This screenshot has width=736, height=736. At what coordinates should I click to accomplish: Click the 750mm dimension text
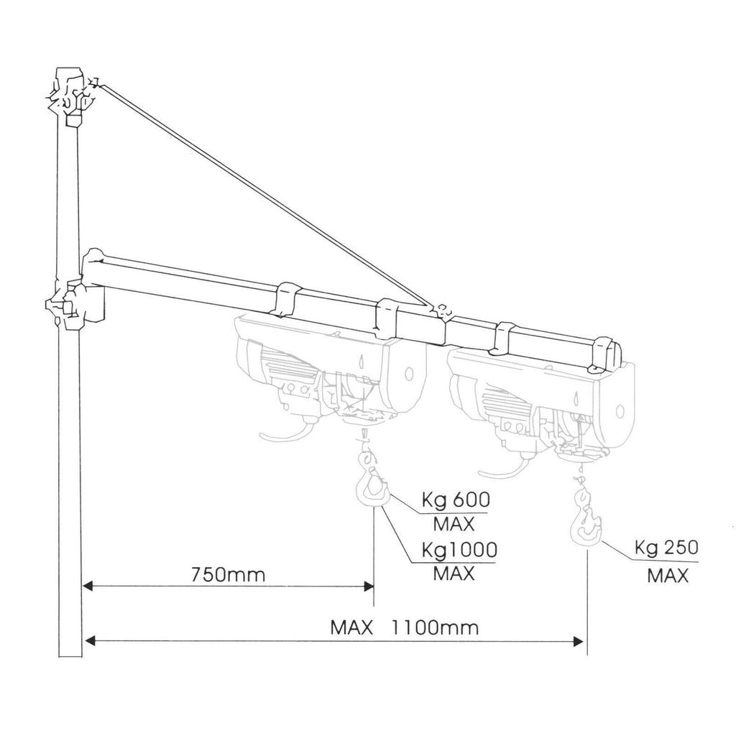coord(228,574)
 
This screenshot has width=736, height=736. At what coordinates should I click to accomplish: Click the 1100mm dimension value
coord(435,627)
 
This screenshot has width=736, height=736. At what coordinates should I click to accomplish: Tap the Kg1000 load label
coord(459,551)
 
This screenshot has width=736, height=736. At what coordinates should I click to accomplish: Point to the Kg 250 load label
coord(666,548)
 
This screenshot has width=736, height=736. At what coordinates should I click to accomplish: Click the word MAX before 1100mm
coord(351,627)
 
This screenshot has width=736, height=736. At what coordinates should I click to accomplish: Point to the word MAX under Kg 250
coord(668,576)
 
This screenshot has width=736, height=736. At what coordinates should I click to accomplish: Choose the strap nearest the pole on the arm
coord(285,299)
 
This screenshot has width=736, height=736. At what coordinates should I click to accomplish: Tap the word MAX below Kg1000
coord(454,574)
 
